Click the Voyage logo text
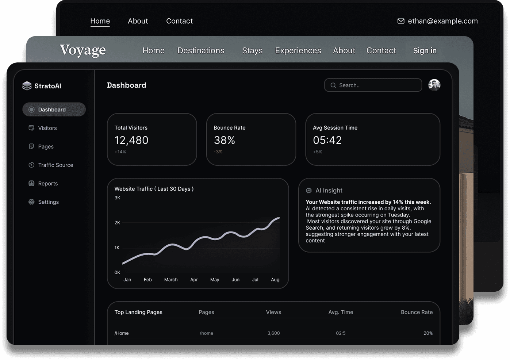[83, 50]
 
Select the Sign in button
[425, 51]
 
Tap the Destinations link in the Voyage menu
[201, 51]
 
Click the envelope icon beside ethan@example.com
[401, 21]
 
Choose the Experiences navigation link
[298, 51]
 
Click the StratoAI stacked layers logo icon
[27, 86]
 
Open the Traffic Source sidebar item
[55, 165]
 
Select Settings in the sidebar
[48, 202]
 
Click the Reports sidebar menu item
[48, 184]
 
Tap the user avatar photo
[434, 85]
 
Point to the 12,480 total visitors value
[131, 140]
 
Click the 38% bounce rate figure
[224, 140]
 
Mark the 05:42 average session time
[327, 140]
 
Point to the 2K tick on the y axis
[117, 223]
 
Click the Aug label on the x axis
[275, 280]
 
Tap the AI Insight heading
[329, 191]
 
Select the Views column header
[273, 312]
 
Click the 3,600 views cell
[273, 333]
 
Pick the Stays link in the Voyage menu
[252, 51]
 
